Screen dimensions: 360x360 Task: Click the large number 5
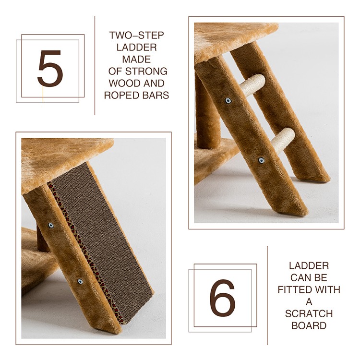[50, 68]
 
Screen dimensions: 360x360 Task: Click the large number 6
[222, 298]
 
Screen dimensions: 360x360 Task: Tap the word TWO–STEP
[136, 36]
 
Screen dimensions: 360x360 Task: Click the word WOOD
[123, 83]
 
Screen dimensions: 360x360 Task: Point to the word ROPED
[122, 95]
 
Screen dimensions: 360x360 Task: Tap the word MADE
[136, 59]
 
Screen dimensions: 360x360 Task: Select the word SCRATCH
[309, 313]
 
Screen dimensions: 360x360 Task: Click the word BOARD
[309, 325]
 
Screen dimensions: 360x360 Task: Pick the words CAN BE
[309, 278]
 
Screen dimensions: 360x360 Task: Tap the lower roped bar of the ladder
[282, 140]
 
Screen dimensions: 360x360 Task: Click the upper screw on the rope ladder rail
[228, 100]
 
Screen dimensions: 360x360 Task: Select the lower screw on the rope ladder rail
[261, 160]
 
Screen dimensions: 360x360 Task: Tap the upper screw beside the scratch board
[51, 225]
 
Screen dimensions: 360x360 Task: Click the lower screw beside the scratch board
[80, 281]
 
